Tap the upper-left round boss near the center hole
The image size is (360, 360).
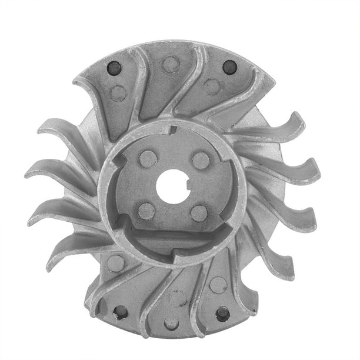pyautogui.click(x=148, y=158)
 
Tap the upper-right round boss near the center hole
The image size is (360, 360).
pyautogui.click(x=201, y=160)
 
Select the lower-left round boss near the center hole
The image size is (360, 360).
pyautogui.click(x=146, y=211)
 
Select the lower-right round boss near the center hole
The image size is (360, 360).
pyautogui.click(x=199, y=213)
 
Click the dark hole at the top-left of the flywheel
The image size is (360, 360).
pyautogui.click(x=114, y=69)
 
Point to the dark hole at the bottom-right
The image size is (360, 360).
pyautogui.click(x=223, y=314)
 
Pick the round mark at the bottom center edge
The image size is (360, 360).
pyautogui.click(x=171, y=323)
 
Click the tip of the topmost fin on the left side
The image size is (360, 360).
pyautogui.click(x=42, y=126)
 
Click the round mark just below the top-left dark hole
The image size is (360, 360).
pyautogui.click(x=118, y=93)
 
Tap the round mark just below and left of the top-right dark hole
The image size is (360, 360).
pyautogui.click(x=212, y=87)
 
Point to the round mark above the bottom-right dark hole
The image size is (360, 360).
pyautogui.click(x=218, y=285)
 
